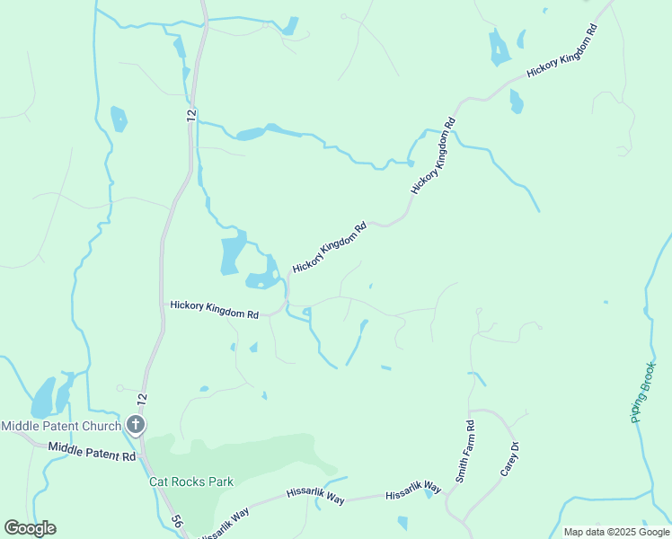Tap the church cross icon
click(136, 425)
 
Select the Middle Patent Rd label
click(92, 452)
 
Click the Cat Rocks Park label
click(190, 482)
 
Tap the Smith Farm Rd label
click(465, 452)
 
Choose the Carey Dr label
click(509, 459)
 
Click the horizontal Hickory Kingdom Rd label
click(215, 311)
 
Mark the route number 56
click(178, 521)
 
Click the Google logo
click(30, 528)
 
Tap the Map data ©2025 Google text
click(616, 532)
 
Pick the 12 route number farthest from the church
click(190, 115)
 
